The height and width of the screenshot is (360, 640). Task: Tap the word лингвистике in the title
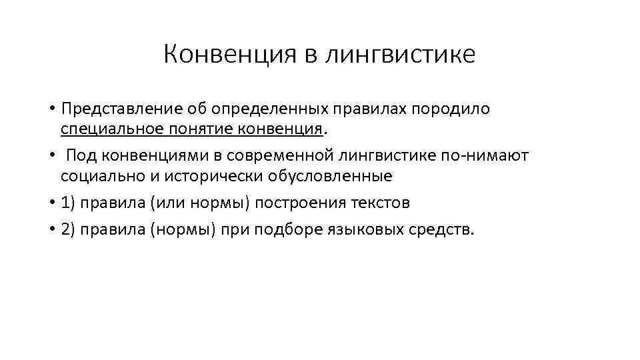pyautogui.click(x=400, y=55)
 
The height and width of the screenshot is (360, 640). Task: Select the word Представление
pyautogui.click(x=114, y=108)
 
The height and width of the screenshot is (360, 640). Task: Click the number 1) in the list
pyautogui.click(x=68, y=203)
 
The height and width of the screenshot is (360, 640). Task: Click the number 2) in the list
pyautogui.click(x=68, y=230)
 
